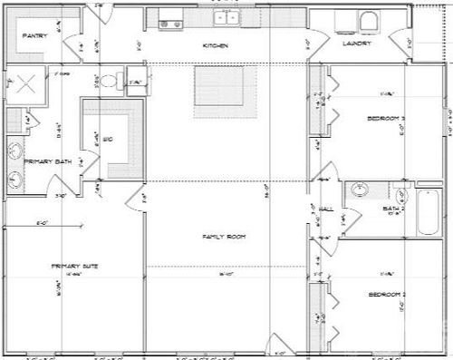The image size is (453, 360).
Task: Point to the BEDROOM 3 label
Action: pos(386,119)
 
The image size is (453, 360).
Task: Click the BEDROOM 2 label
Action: pos(385,295)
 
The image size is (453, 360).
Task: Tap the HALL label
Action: pos(326,209)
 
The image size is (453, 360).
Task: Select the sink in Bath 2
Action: pos(360,191)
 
